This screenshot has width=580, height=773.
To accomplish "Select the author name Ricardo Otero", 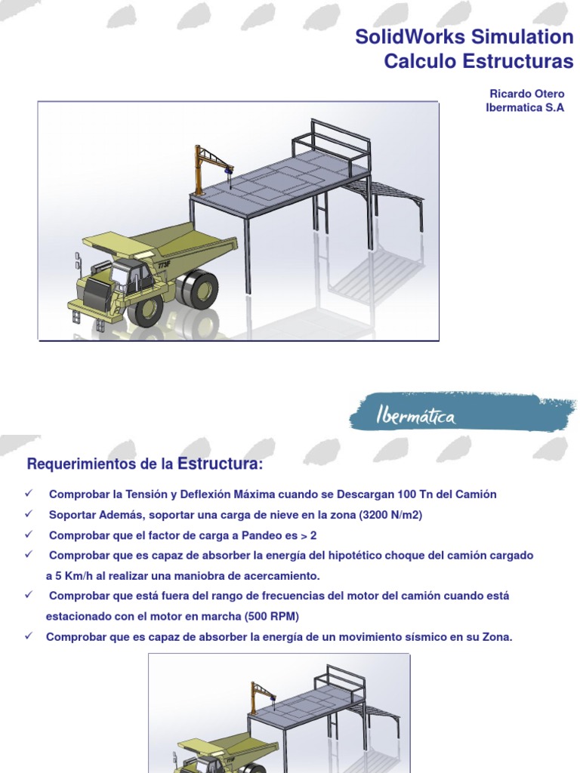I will (526, 94).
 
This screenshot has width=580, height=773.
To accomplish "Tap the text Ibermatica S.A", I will (524, 107).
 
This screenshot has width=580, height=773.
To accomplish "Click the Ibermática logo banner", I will (462, 413).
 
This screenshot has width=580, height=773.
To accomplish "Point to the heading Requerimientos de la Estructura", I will (145, 463).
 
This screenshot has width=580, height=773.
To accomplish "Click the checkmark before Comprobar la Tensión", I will (29, 494).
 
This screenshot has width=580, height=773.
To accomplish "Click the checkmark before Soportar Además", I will (29, 515).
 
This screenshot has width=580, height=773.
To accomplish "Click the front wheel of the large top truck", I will (144, 310).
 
